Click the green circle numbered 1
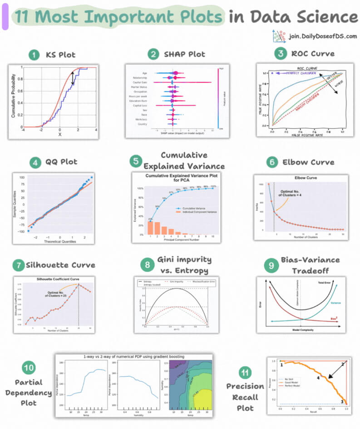(x=34, y=55)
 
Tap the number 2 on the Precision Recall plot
(x=343, y=364)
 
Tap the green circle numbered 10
(x=29, y=366)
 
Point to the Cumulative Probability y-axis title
(x=13, y=97)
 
